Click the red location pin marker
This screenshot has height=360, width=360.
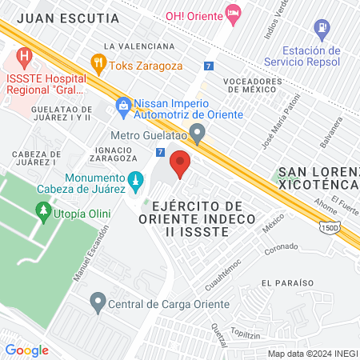tap(180, 163)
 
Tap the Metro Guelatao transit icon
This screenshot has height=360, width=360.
tap(198, 133)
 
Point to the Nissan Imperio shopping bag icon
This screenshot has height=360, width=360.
tap(123, 104)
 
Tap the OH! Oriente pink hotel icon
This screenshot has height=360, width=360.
tap(233, 14)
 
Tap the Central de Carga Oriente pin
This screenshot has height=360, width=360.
tap(98, 302)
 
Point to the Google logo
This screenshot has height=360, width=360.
tap(26, 350)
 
